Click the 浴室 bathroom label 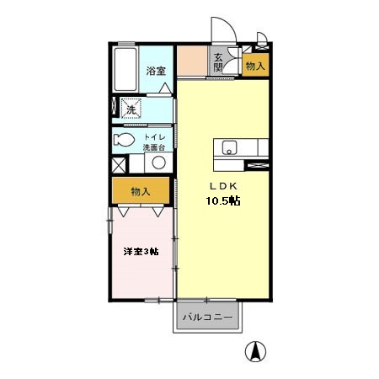point(156,71)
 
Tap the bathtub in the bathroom point(125,69)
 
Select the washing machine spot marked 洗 point(131,109)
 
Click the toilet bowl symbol point(124,140)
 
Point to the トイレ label point(155,137)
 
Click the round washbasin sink point(158,163)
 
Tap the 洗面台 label point(154,147)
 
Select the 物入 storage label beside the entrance point(255,67)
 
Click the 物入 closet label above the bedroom point(141,192)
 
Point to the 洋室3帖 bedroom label point(141,251)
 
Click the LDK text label point(224,186)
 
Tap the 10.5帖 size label point(223,200)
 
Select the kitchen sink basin point(229,147)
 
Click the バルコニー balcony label point(208,318)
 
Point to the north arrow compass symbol point(255,351)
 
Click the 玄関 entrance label point(218,63)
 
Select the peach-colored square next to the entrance point(192,61)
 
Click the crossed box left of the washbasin point(119,165)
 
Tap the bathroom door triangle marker point(165,88)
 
